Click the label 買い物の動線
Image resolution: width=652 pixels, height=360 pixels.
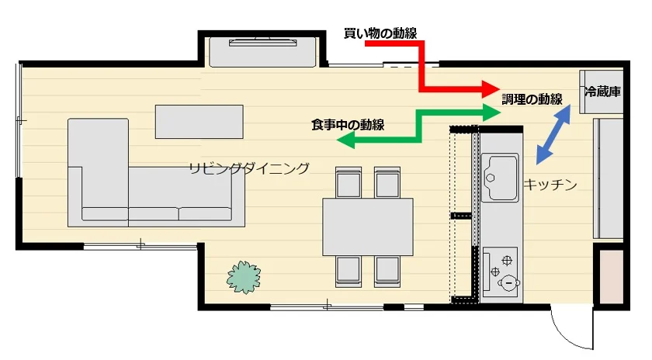point(380,33)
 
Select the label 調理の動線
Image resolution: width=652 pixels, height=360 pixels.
point(531,99)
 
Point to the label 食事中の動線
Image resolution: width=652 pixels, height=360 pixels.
point(347,124)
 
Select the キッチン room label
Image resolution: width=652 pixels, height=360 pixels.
point(550,184)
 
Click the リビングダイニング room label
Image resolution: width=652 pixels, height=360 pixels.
point(248,168)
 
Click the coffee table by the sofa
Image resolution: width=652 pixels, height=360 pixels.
point(198,122)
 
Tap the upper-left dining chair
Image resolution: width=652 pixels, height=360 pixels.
point(348,183)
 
